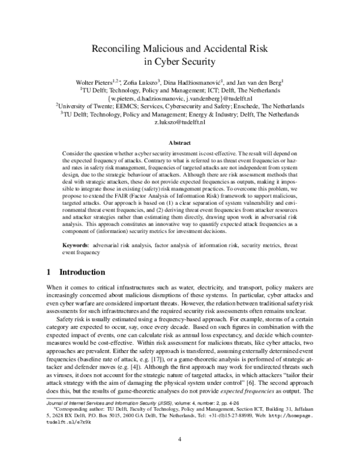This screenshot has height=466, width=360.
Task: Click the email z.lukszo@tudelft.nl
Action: pyautogui.click(x=180, y=123)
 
